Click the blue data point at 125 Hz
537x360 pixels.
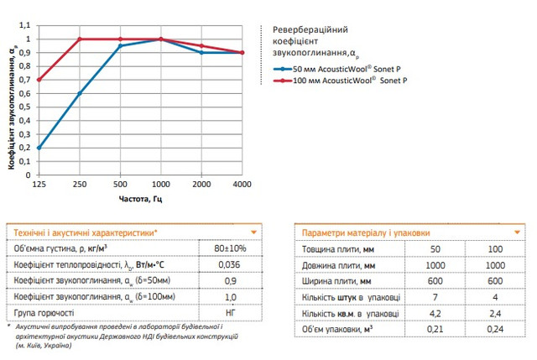click(x=39, y=149)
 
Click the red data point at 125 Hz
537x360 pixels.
click(x=39, y=80)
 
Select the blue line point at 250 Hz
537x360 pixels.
click(x=80, y=94)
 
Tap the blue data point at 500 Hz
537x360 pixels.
click(x=120, y=45)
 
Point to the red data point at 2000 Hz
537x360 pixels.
click(x=202, y=45)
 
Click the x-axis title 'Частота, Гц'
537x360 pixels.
click(x=140, y=198)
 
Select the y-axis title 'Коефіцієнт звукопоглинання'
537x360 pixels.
click(x=12, y=108)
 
